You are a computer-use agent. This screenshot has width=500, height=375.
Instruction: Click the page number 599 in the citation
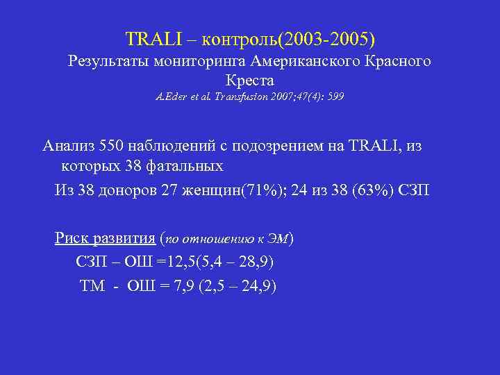335,97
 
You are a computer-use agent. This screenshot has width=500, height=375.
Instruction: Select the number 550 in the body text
113,147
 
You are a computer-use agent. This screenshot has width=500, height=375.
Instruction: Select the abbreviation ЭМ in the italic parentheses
278,240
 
